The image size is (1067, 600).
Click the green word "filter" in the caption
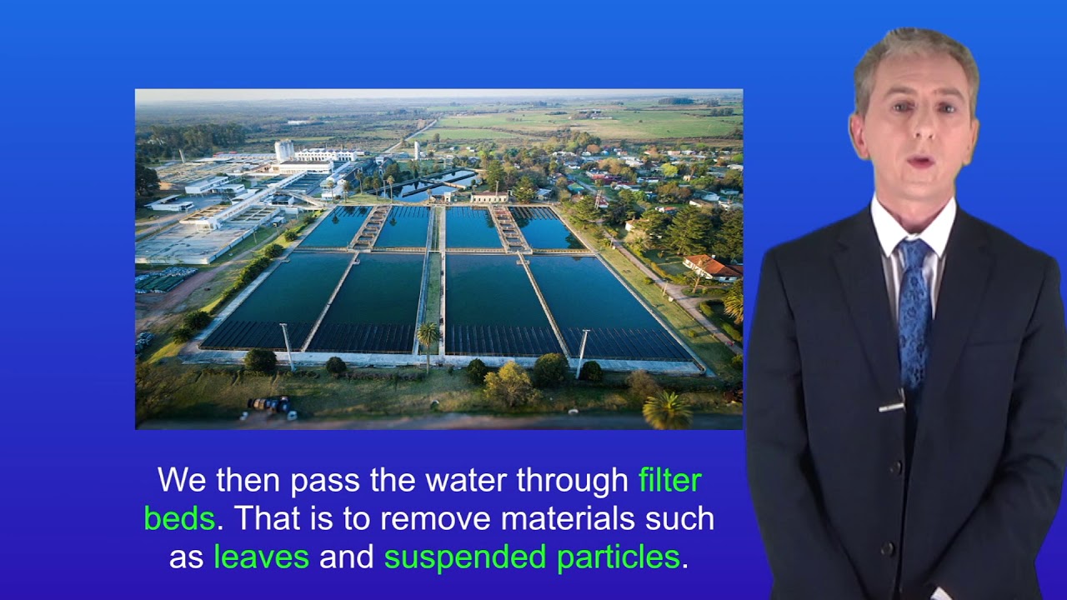click(x=669, y=480)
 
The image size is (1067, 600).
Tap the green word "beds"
click(x=179, y=519)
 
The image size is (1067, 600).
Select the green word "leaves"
click(x=261, y=557)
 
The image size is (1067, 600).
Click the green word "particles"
click(x=618, y=557)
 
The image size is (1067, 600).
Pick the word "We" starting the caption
click(x=182, y=481)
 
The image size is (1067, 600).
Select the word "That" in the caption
click(x=265, y=519)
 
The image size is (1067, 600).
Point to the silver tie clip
click(x=891, y=407)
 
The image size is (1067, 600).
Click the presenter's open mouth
click(x=921, y=160)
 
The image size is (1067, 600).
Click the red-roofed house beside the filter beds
click(x=712, y=267)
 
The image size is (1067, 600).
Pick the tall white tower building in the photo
click(x=284, y=150)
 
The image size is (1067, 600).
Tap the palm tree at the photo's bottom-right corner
click(x=668, y=410)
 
